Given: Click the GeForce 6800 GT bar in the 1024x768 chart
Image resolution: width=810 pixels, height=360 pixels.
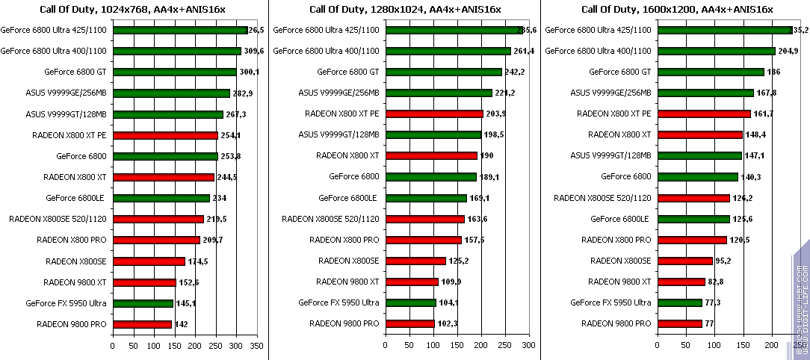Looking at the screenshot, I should pos(174,72).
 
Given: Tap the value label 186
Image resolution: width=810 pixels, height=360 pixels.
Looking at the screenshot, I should pos(775,72).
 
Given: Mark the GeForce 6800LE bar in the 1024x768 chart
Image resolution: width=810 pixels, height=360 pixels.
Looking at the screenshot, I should pos(161,198).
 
